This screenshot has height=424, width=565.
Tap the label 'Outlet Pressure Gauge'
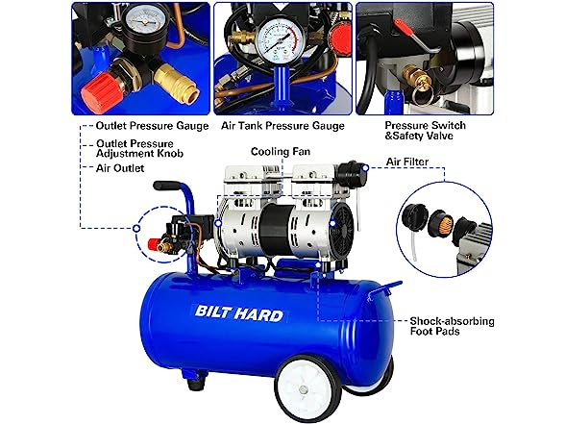tap(152, 126)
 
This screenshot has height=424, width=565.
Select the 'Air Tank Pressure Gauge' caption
tap(282, 126)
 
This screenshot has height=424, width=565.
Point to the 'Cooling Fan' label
tap(281, 152)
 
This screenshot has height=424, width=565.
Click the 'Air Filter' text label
tap(407, 162)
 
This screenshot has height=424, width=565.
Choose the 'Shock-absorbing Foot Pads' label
tap(452, 326)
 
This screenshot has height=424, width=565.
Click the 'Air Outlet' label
tap(120, 168)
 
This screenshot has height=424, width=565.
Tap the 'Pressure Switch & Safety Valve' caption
tap(425, 131)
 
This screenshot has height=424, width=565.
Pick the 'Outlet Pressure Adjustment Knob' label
tap(139, 148)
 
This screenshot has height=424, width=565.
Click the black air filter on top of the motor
tap(347, 170)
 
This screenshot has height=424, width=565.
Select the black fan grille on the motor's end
tap(342, 223)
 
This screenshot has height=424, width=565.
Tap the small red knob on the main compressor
tap(153, 244)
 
